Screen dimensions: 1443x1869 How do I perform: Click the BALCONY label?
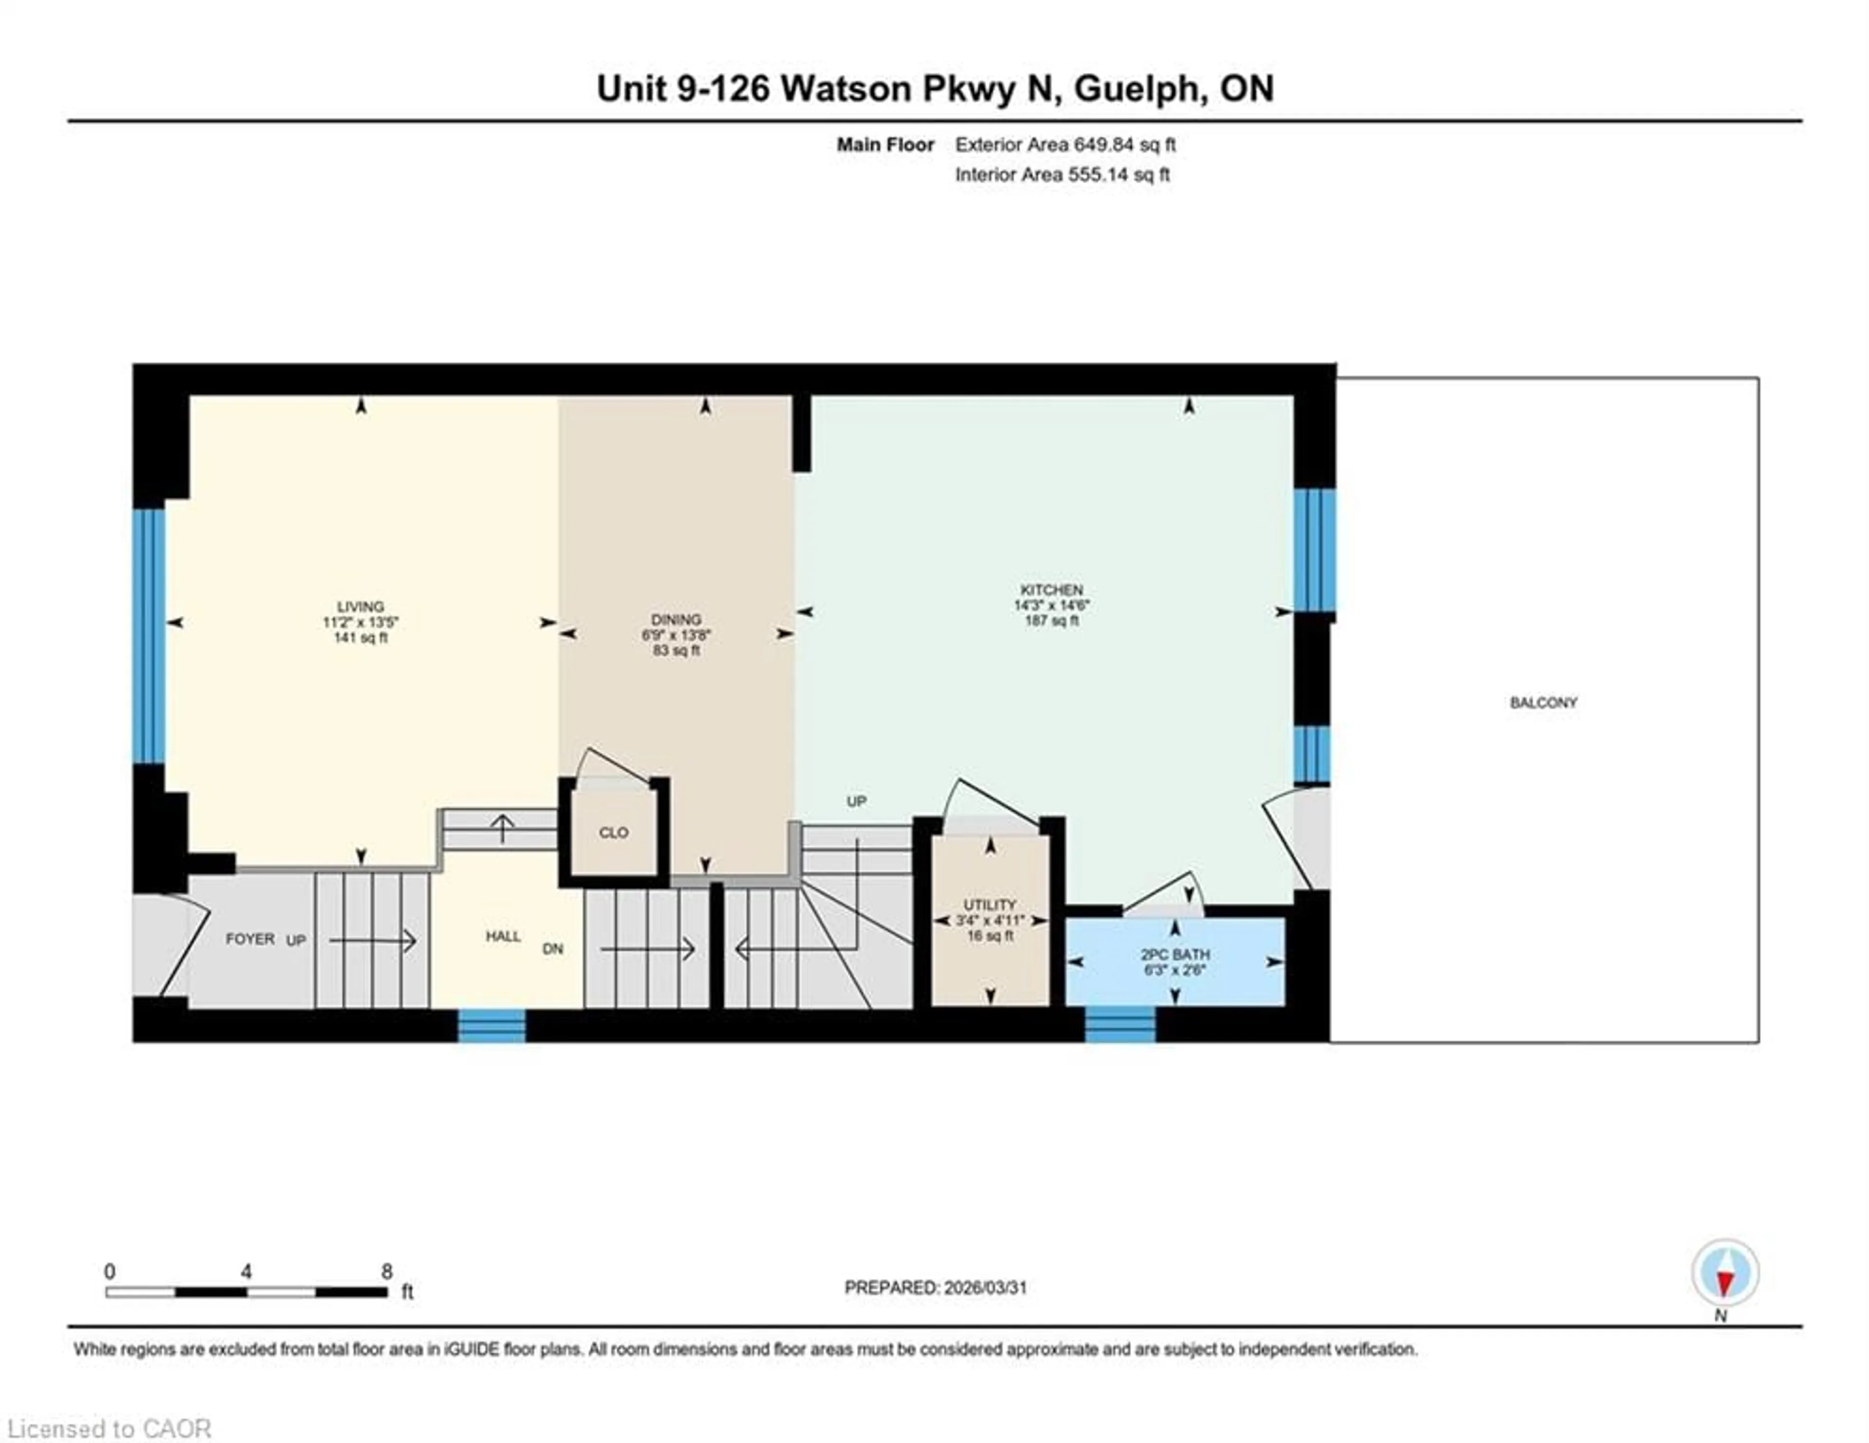point(1543,703)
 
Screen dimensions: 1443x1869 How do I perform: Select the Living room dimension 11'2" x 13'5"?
point(360,623)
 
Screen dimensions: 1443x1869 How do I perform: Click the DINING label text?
point(676,619)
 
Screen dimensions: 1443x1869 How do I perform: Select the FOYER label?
point(250,939)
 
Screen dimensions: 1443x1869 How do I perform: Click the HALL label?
point(503,937)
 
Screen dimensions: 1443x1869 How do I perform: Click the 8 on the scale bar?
point(387,1272)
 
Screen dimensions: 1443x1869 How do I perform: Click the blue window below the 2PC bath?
point(1120,1025)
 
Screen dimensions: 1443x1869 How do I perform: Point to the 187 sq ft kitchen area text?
point(1052,621)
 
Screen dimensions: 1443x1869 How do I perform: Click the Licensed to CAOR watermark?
point(109,1428)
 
